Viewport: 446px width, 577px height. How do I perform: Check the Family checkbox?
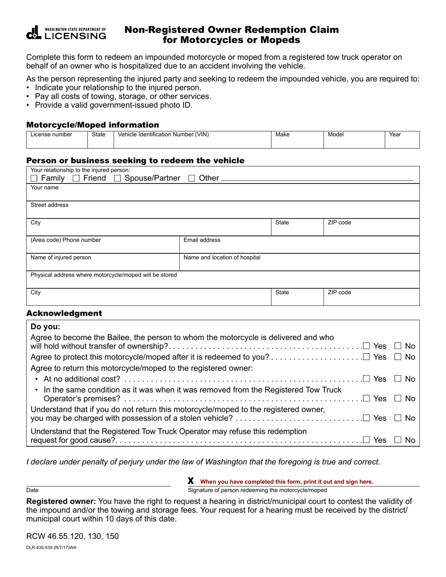coord(34,178)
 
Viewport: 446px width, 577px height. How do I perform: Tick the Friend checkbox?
coord(76,178)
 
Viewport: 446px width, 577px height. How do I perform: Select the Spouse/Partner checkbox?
coord(117,178)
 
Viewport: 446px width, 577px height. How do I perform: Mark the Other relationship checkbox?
coord(192,178)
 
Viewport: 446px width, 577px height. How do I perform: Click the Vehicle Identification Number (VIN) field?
coord(192,142)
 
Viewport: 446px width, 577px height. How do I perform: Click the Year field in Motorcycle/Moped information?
coord(402,142)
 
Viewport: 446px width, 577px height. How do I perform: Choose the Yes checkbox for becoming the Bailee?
coord(366,346)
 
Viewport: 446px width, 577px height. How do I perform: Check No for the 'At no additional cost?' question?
coord(398,379)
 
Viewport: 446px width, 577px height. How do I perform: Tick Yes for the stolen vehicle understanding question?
coord(366,418)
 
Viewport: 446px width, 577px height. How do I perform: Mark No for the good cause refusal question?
coord(398,440)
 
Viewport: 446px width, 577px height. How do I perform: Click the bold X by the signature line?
coord(191,481)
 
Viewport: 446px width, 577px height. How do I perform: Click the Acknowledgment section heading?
coord(64,313)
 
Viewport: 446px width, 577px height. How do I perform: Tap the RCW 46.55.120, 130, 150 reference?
coord(72,536)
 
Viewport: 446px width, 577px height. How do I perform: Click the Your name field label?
coord(45,188)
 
